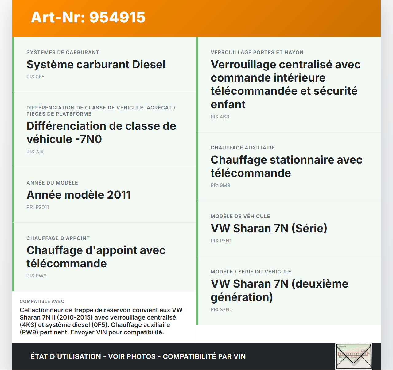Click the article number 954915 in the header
click(117, 17)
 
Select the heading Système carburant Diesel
click(96, 65)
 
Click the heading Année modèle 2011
click(79, 195)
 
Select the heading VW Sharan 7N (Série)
click(269, 229)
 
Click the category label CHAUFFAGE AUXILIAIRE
click(243, 148)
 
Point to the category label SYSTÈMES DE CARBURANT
click(63, 53)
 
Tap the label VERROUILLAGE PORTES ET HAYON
click(257, 53)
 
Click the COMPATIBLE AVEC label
click(42, 302)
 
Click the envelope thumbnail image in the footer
click(353, 356)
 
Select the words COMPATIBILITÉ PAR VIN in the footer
click(204, 357)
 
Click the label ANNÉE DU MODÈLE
click(52, 183)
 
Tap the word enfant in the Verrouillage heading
click(228, 105)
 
